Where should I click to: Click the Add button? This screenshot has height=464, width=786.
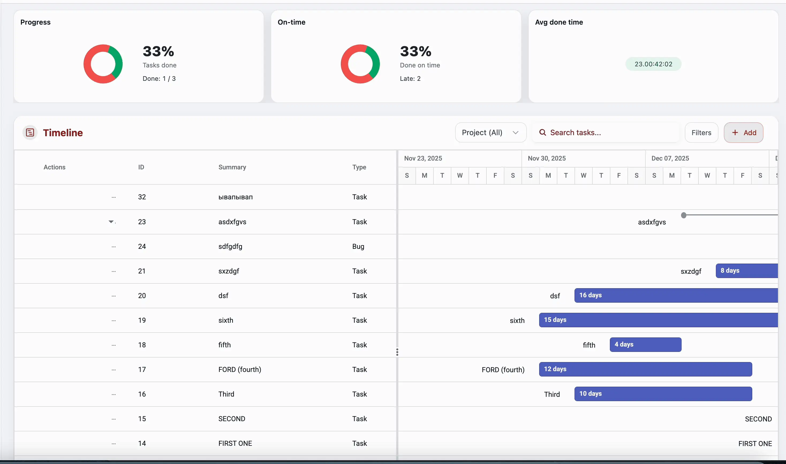[743, 132]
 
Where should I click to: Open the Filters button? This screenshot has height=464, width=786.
[701, 132]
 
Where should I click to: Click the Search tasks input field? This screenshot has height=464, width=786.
[607, 132]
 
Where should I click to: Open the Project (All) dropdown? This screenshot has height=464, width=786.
[490, 132]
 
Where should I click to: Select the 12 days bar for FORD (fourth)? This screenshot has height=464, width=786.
[645, 369]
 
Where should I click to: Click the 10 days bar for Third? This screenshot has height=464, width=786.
[663, 394]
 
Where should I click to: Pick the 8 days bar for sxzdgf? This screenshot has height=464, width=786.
[746, 271]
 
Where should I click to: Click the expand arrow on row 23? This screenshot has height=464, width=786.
[111, 222]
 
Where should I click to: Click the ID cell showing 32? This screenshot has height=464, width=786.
[142, 197]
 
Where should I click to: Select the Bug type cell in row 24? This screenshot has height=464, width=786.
[358, 246]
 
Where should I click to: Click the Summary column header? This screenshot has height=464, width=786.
[232, 167]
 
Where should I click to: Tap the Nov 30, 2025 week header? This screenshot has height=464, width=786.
[547, 158]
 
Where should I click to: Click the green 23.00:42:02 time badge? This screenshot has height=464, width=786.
[653, 64]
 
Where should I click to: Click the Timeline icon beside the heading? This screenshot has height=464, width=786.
[30, 132]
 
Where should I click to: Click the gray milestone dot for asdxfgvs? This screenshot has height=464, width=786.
[684, 215]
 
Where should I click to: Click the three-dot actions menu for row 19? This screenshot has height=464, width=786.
[114, 321]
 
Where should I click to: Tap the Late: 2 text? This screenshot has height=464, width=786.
[410, 78]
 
